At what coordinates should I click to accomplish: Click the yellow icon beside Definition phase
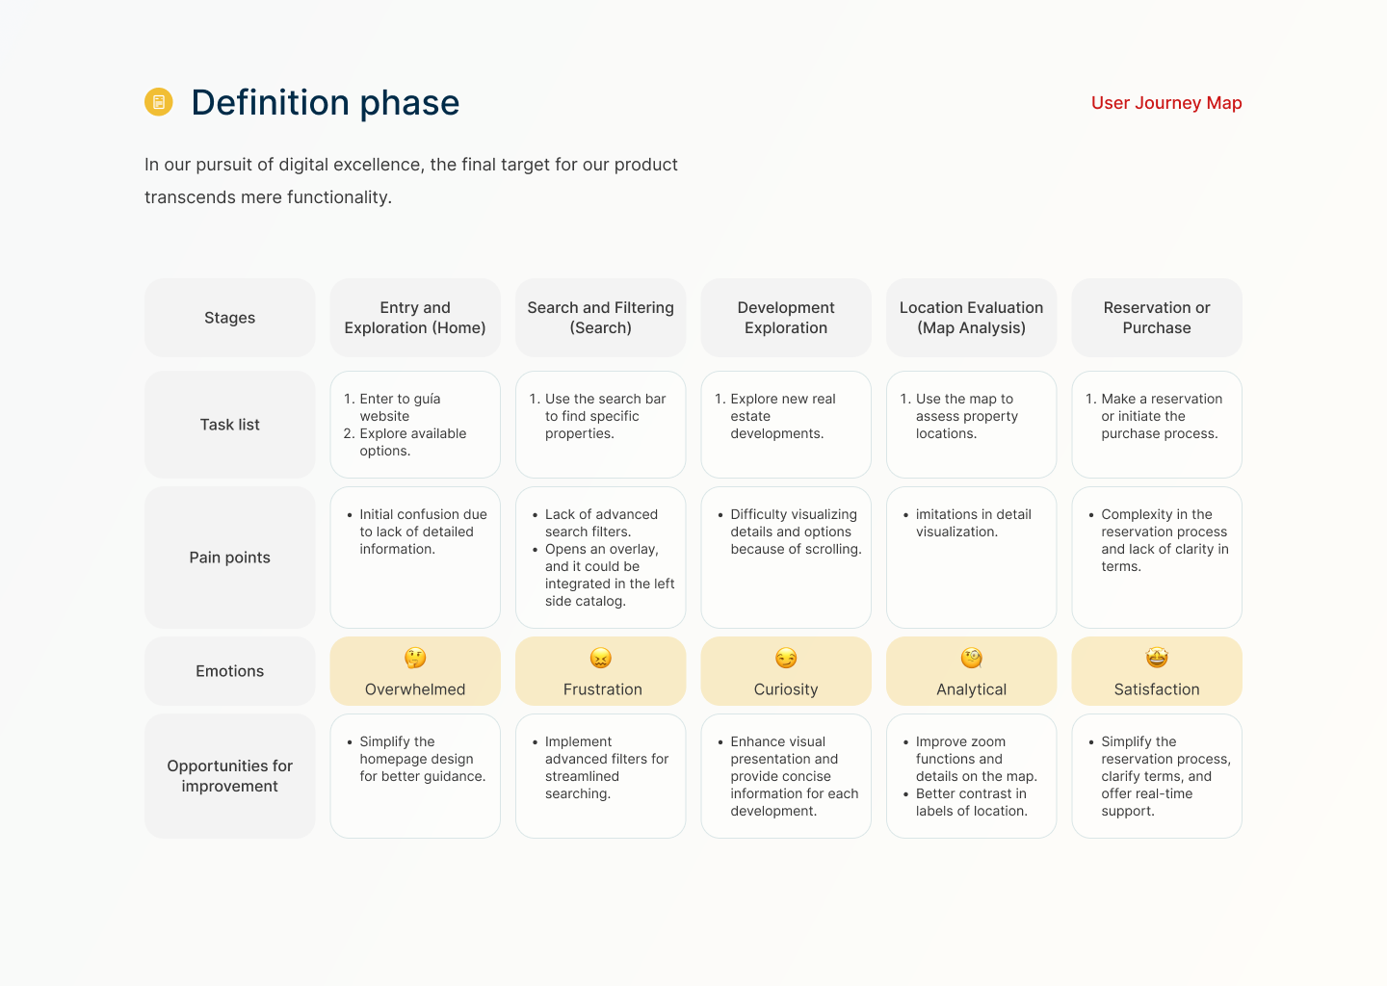159,101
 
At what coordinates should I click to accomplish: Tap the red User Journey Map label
1165,103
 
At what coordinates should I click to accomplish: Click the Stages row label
229,318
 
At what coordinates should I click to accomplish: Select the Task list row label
229,425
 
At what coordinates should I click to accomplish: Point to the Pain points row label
229,558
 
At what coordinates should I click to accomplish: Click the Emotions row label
229,671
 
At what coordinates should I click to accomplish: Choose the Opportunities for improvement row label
229,775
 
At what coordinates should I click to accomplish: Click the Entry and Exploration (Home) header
415,318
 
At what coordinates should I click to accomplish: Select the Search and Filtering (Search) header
601,318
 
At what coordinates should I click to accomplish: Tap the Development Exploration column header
786,318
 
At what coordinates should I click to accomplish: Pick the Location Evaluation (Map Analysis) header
971,318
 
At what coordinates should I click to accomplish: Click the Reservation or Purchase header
1157,318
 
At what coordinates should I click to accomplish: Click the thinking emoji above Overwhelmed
415,658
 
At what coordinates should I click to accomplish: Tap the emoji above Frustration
601,658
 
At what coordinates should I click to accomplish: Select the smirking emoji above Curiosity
786,658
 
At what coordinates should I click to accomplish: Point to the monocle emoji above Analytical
972,658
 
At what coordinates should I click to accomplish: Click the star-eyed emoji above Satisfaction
1157,658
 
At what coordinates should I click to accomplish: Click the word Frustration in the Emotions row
603,689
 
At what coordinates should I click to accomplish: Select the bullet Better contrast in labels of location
971,802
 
